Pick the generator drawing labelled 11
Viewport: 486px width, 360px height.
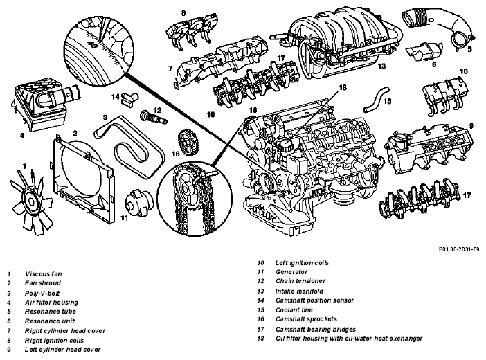[x=139, y=202]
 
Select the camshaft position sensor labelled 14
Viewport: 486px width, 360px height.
[x=129, y=98]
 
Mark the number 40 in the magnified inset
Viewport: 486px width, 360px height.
[x=92, y=45]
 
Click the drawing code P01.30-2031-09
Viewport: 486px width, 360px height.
[x=459, y=249]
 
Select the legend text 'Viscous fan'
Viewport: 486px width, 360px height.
[x=44, y=274]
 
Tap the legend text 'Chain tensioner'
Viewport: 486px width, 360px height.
[x=300, y=281]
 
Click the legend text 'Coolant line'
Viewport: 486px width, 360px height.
[x=294, y=310]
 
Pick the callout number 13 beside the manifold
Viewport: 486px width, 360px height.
[x=381, y=66]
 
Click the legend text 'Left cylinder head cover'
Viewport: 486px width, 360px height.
[x=62, y=350]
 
